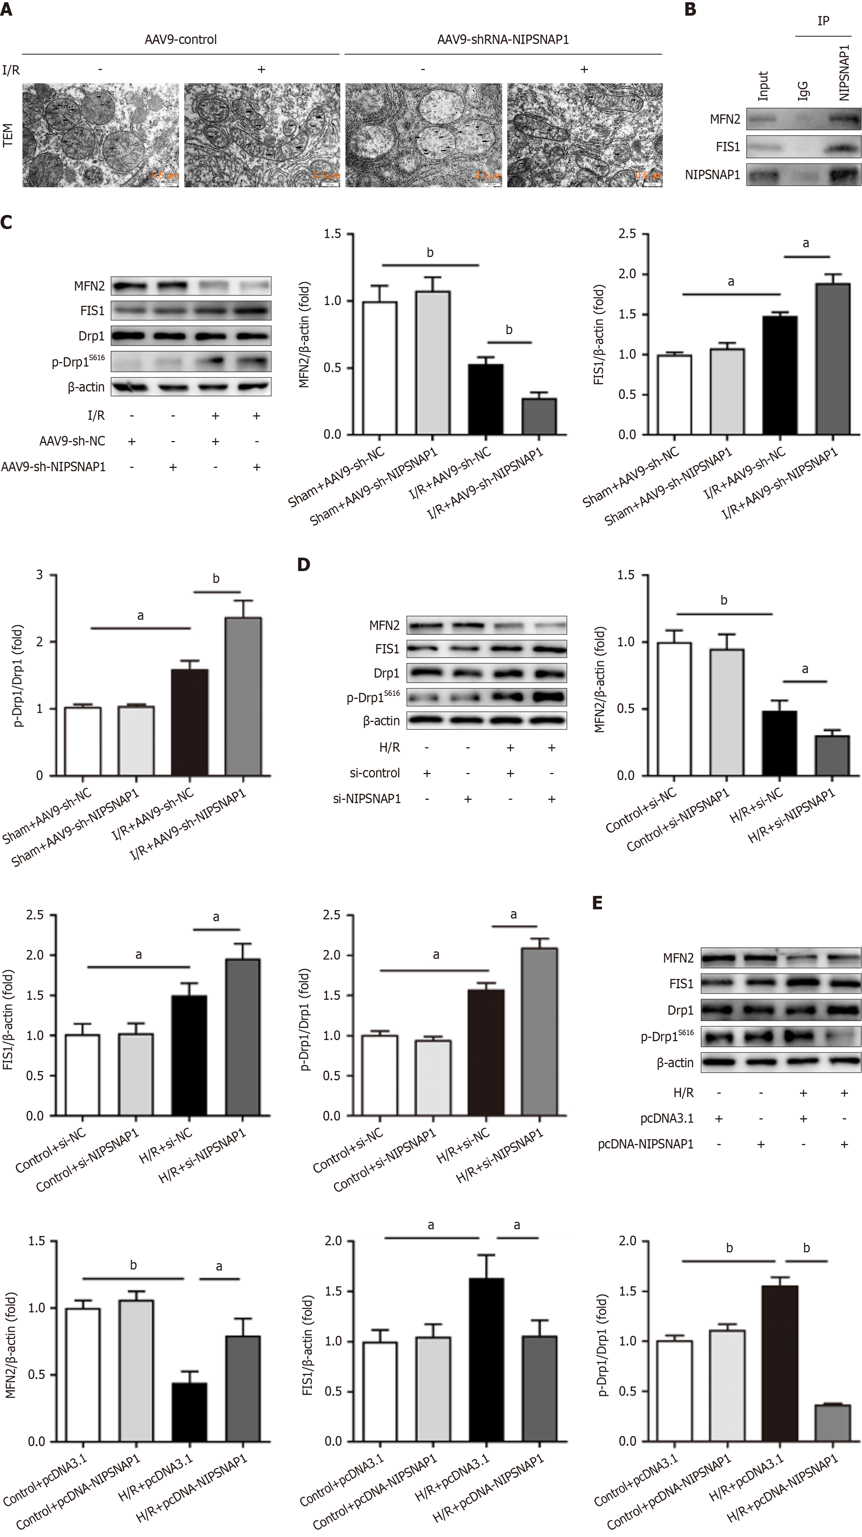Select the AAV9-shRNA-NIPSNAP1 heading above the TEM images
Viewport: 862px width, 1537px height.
(x=503, y=39)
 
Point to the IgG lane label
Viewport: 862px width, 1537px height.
(x=803, y=91)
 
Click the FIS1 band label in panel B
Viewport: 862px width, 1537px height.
(x=727, y=147)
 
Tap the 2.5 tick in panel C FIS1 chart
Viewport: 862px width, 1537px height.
(x=627, y=234)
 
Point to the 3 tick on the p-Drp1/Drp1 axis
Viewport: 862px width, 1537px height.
(x=39, y=575)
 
